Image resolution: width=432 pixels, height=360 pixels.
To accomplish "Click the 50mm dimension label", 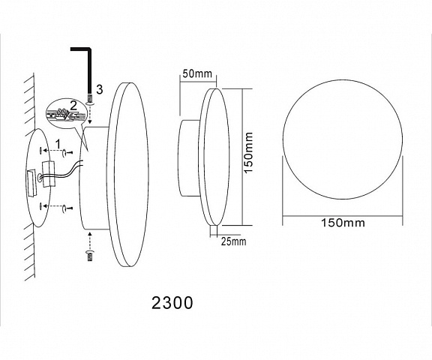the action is pyautogui.click(x=197, y=73).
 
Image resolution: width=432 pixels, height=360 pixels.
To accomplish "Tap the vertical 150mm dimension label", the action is pyautogui.click(x=248, y=152).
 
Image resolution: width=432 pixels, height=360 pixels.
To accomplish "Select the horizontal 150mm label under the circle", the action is pyautogui.click(x=343, y=223).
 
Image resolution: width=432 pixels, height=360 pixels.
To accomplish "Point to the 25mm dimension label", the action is pyautogui.click(x=234, y=241).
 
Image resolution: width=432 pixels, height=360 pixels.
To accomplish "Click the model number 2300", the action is pyautogui.click(x=172, y=303).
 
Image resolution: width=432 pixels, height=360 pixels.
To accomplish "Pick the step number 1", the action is pyautogui.click(x=58, y=144).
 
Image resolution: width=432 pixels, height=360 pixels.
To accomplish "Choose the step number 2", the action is pyautogui.click(x=73, y=106).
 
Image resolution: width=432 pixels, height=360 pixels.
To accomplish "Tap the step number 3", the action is pyautogui.click(x=99, y=89).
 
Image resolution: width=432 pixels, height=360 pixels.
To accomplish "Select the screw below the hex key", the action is pyautogui.click(x=90, y=100).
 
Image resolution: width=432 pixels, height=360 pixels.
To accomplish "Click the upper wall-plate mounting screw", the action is pyautogui.click(x=67, y=152).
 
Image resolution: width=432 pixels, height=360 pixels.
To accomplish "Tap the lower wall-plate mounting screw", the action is pyautogui.click(x=67, y=208).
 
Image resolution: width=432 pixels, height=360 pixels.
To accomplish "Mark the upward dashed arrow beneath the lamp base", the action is pyautogui.click(x=90, y=241).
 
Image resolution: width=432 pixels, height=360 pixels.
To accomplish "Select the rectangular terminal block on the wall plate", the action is pyautogui.click(x=31, y=183).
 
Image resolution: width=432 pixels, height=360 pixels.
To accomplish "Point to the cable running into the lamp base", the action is pyautogui.click(x=61, y=172).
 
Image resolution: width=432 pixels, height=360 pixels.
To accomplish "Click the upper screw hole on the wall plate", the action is pyautogui.click(x=41, y=151).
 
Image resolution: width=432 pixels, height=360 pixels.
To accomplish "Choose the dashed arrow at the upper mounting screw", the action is pyautogui.click(x=52, y=151).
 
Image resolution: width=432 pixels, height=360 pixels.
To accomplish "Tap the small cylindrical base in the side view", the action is pyautogui.click(x=189, y=158).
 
